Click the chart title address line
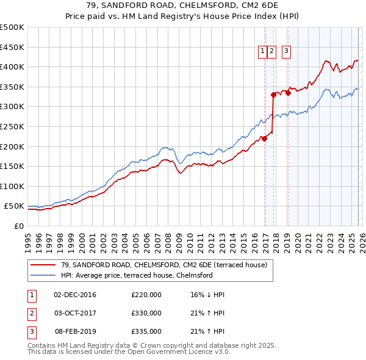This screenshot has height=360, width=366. coord(182,6)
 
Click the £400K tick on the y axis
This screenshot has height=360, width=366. coord(12,67)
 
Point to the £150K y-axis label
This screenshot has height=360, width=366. coord(12,166)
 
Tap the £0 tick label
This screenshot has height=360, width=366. coord(18,226)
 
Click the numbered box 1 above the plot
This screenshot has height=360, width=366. coord(262,52)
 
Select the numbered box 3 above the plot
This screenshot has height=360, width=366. coord(286,52)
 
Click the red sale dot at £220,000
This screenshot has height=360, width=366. coord(265,139)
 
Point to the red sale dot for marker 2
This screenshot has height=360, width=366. coord(273,95)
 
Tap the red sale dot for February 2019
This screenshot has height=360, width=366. coord(288,93)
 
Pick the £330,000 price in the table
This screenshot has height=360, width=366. coord(146,313)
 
